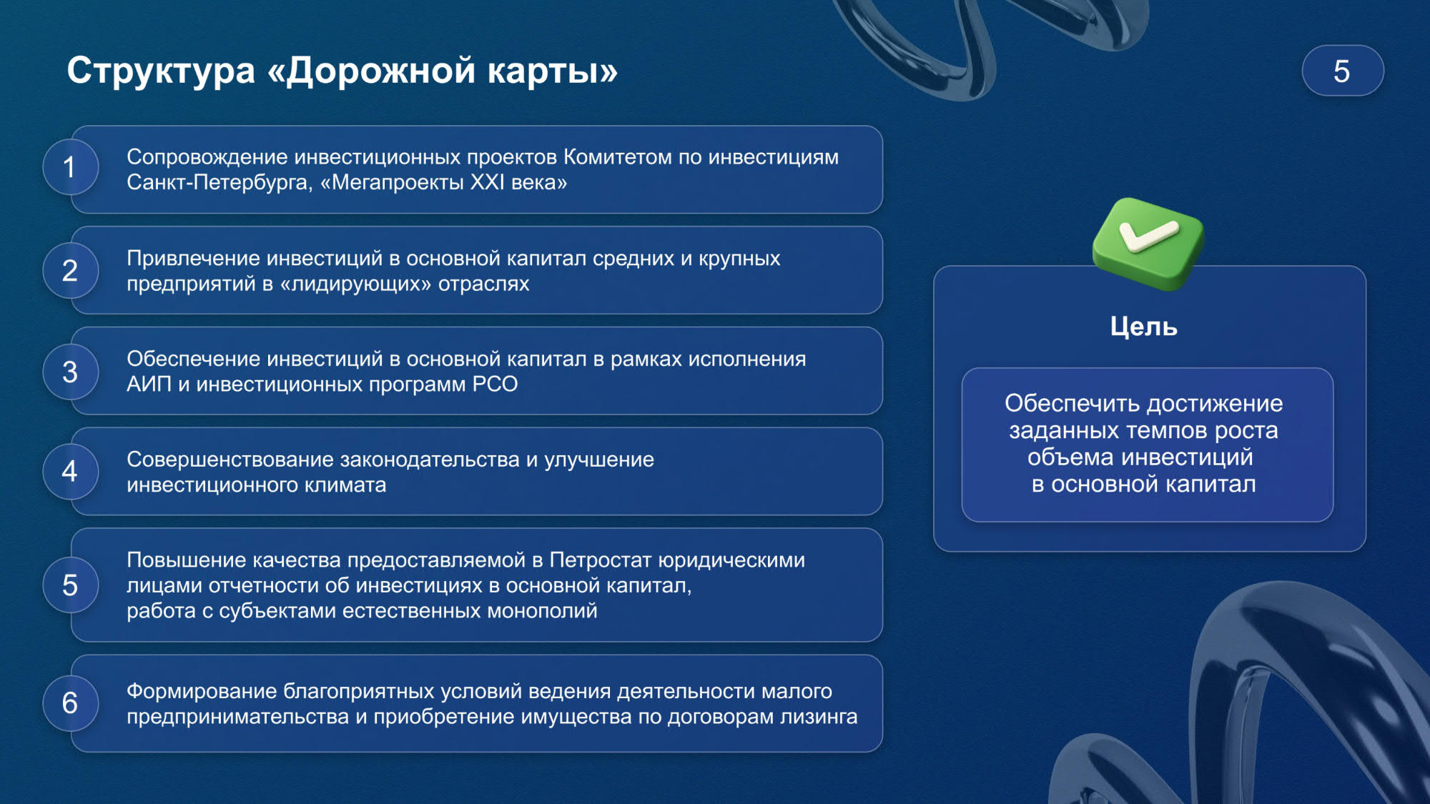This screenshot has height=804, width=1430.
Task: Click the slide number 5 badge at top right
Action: pyautogui.click(x=1343, y=71)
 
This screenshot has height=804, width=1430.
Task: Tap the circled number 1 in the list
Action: pyautogui.click(x=70, y=167)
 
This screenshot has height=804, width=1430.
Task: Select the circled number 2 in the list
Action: pyautogui.click(x=70, y=271)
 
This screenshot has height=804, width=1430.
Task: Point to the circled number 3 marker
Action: pyautogui.click(x=70, y=372)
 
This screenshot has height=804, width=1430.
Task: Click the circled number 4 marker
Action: pyautogui.click(x=70, y=472)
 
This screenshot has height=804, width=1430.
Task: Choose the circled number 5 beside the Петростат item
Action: pyautogui.click(x=70, y=585)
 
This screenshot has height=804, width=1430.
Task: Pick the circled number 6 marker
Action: pyautogui.click(x=70, y=703)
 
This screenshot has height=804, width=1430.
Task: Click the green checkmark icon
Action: pyautogui.click(x=1148, y=243)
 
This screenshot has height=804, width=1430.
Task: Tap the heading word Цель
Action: pyautogui.click(x=1143, y=327)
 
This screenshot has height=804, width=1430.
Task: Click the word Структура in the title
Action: pyautogui.click(x=161, y=71)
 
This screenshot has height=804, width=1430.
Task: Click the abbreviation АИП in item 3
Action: pyautogui.click(x=149, y=384)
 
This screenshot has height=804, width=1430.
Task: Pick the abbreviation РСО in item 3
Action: pyautogui.click(x=495, y=384)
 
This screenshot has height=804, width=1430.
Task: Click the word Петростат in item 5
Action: pyautogui.click(x=601, y=560)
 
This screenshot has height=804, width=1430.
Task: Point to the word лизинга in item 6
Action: pyautogui.click(x=819, y=717)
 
